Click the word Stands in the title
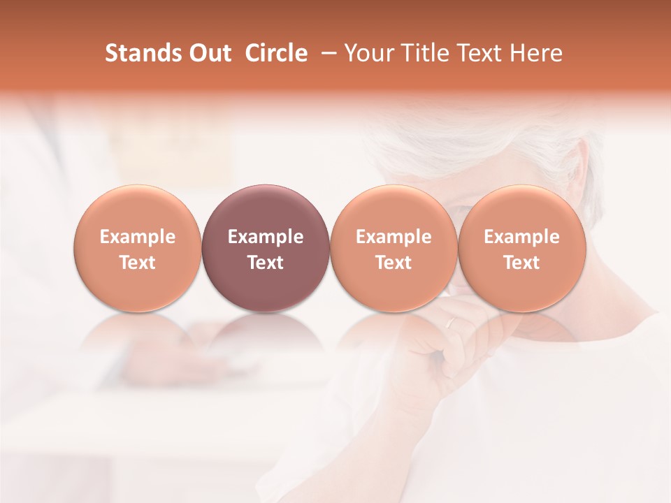click(x=137, y=53)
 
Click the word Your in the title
click(x=369, y=53)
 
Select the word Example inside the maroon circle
click(x=266, y=237)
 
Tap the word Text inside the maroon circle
click(x=266, y=263)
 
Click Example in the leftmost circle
click(x=137, y=237)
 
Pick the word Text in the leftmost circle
click(x=137, y=263)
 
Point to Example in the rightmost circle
click(x=521, y=237)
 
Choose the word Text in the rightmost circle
click(x=521, y=263)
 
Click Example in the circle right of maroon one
click(x=394, y=237)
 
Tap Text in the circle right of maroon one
click(x=394, y=263)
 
